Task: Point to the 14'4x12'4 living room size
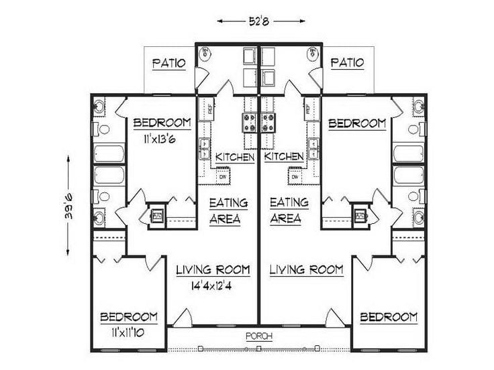tap(213, 284)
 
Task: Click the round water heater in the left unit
tap(205, 54)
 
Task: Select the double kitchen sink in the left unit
tap(205, 149)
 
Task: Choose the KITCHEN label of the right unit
tap(284, 157)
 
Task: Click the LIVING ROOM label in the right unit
tap(306, 269)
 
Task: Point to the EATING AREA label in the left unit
tap(228, 210)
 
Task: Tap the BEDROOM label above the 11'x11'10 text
tap(130, 316)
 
